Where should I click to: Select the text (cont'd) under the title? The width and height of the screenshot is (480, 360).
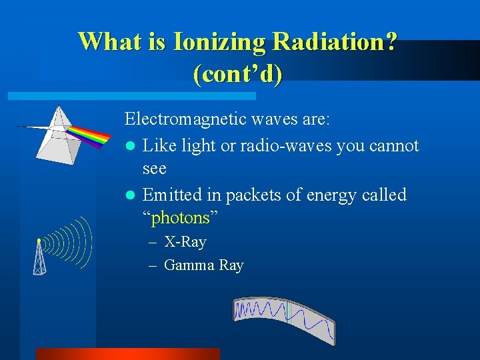point(237,73)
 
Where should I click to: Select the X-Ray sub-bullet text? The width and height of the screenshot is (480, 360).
point(185,242)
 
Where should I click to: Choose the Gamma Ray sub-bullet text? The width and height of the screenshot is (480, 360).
point(203,265)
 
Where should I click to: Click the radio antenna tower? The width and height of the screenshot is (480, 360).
point(40,257)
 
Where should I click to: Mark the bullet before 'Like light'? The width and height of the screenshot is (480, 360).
point(131,146)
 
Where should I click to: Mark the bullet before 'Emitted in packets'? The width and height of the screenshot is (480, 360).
point(131,195)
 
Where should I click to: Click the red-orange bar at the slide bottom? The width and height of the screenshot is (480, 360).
point(127,353)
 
